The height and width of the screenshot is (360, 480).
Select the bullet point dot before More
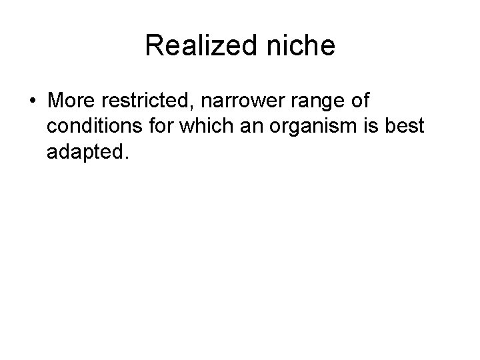32,103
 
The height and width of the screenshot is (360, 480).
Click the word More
69,102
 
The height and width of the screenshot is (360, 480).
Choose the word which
194,128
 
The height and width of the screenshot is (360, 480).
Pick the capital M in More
55,102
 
